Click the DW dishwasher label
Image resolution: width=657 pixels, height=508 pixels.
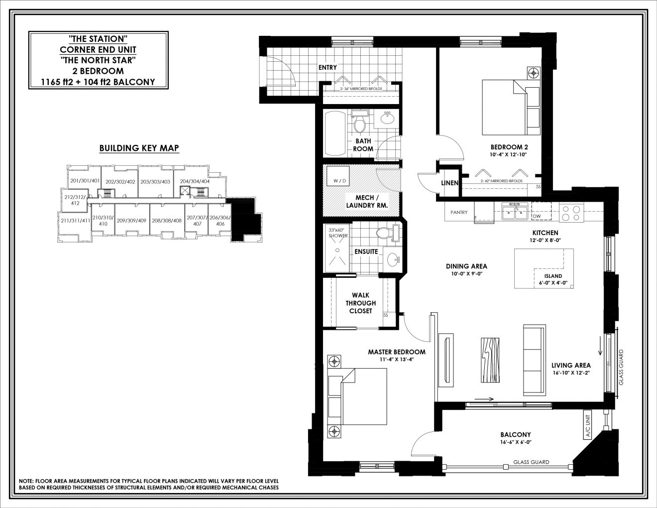tap(536, 217)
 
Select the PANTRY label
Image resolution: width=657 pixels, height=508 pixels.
tap(459, 213)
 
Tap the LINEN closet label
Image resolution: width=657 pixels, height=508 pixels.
tap(449, 183)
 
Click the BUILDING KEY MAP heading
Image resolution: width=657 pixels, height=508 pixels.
tap(139, 148)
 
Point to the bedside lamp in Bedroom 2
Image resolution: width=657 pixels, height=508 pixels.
tap(534, 73)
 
